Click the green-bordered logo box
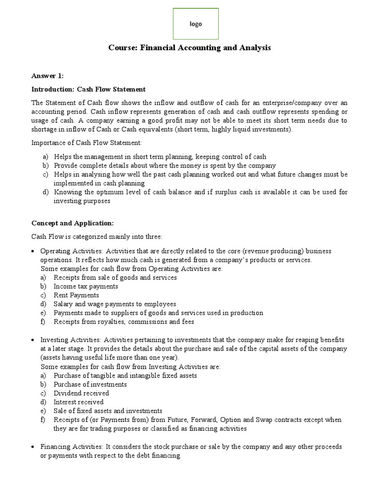[x=196, y=24]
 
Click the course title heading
[x=189, y=48]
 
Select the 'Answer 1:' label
[x=47, y=76]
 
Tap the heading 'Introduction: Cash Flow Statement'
[x=88, y=89]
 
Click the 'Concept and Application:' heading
[x=72, y=223]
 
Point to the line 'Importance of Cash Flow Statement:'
[x=86, y=143]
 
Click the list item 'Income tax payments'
[x=85, y=286]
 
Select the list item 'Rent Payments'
[x=76, y=295]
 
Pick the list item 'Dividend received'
[x=81, y=393]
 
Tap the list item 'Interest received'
[x=79, y=402]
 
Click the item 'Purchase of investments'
[x=90, y=384]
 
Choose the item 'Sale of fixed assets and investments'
[x=108, y=411]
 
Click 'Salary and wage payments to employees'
[x=115, y=304]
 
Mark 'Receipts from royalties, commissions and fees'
[x=124, y=321]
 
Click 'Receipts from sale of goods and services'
[x=115, y=277]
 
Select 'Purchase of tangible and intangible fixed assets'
[x=125, y=375]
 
